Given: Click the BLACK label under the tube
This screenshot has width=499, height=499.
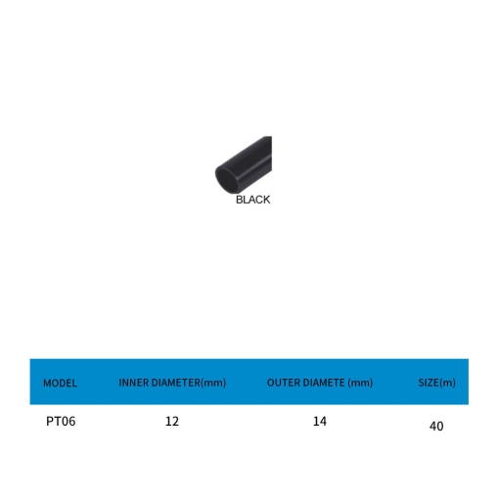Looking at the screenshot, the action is click(252, 200).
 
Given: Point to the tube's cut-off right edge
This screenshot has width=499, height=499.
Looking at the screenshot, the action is click(270, 154).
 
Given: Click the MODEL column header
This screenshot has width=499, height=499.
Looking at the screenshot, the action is click(60, 383).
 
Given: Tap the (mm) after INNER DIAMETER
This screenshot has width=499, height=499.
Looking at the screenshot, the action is click(213, 383).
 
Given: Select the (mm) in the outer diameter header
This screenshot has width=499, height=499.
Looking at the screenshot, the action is click(360, 383).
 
